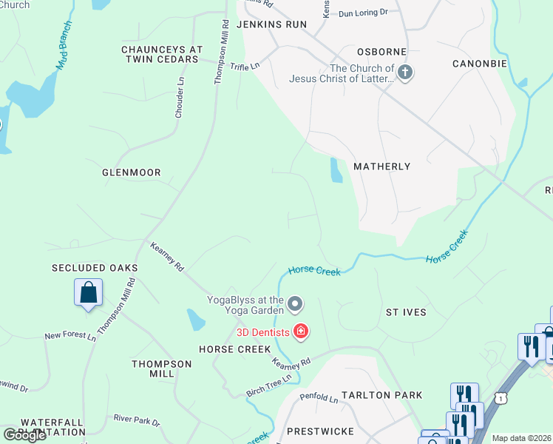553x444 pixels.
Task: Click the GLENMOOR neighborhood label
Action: tap(131, 172)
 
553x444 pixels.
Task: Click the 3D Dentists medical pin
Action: tap(300, 331)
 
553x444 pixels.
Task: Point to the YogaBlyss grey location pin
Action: tap(295, 304)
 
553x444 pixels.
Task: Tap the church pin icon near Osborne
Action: tap(404, 73)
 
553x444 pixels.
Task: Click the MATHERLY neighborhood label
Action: tap(381, 166)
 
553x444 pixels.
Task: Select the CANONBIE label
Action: tap(479, 64)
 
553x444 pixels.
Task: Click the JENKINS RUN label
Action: tap(271, 24)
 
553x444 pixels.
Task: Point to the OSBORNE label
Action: tap(382, 52)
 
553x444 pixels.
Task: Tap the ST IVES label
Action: tap(406, 312)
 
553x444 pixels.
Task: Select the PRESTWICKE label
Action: tap(320, 431)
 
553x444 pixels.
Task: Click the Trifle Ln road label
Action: tap(245, 67)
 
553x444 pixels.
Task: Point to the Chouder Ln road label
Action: tap(179, 97)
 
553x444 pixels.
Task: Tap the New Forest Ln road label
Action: tap(70, 336)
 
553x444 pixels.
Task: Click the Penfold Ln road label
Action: tap(319, 399)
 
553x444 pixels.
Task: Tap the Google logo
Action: tap(25, 434)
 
